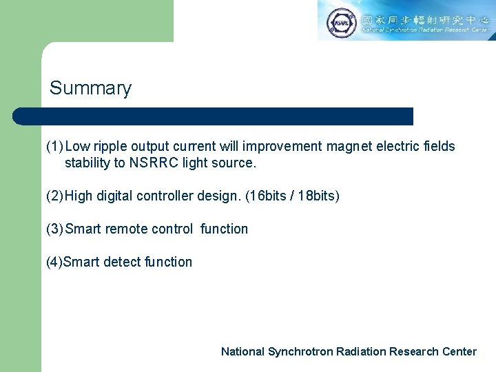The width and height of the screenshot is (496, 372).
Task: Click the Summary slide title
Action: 90,89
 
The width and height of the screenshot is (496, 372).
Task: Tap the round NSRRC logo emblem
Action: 341,21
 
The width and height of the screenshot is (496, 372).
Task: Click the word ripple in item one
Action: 111,146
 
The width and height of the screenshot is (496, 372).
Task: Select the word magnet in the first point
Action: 348,146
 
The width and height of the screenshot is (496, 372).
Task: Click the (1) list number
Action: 54,146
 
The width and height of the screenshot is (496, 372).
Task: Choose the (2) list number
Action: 54,196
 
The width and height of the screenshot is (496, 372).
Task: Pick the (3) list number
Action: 54,229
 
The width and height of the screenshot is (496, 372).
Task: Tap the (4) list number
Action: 54,262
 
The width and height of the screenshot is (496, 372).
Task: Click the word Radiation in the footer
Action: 361,351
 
